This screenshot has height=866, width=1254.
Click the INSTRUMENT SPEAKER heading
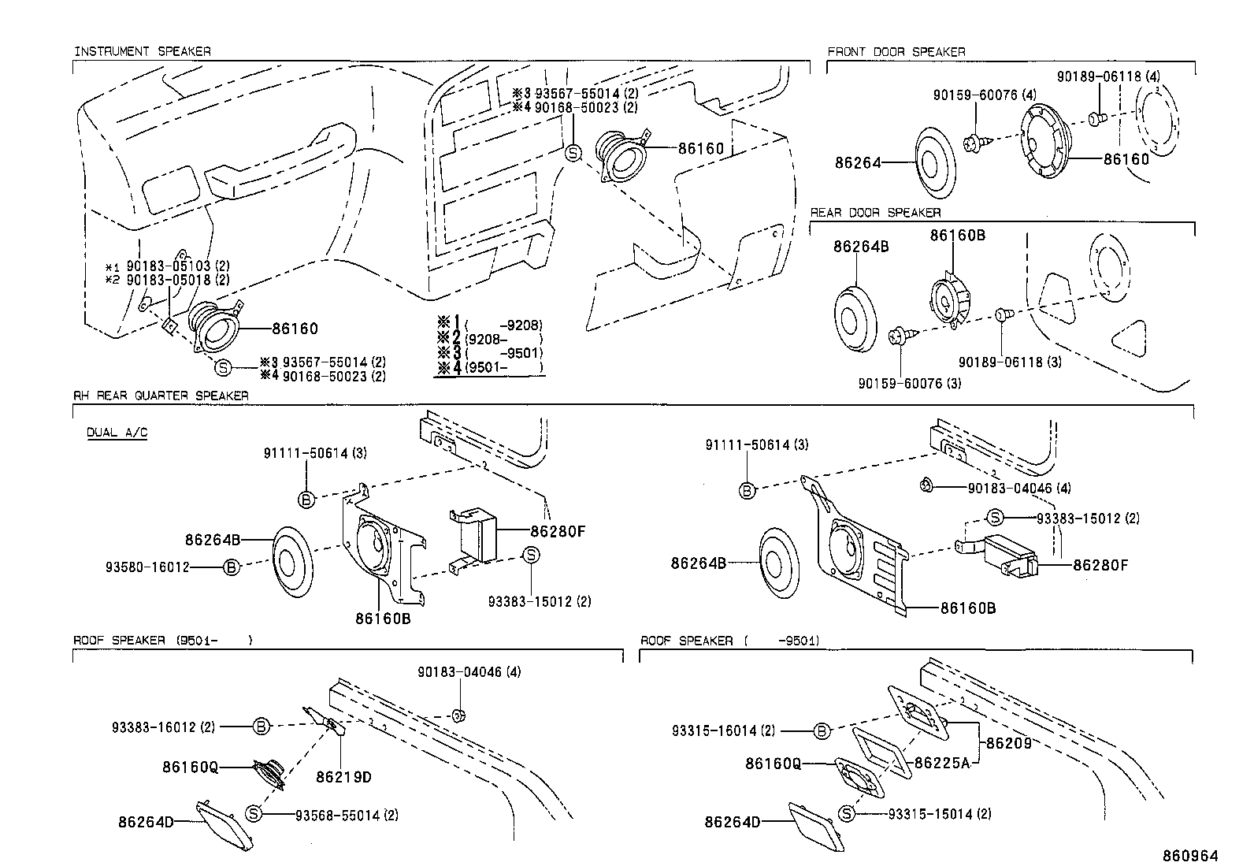pyautogui.click(x=142, y=51)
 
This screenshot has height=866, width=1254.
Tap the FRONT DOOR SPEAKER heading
pyautogui.click(x=896, y=51)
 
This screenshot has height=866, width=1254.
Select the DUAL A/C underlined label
pyautogui.click(x=117, y=433)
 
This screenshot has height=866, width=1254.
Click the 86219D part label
pyautogui.click(x=343, y=777)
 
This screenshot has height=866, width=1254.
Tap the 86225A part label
pyautogui.click(x=942, y=762)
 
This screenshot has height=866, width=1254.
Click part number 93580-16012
pyautogui.click(x=147, y=567)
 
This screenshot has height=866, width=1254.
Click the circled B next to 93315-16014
pyautogui.click(x=821, y=731)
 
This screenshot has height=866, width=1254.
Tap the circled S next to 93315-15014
pyautogui.click(x=847, y=813)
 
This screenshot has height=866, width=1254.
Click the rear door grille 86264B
pyautogui.click(x=855, y=318)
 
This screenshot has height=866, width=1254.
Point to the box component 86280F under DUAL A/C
pyautogui.click(x=475, y=537)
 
